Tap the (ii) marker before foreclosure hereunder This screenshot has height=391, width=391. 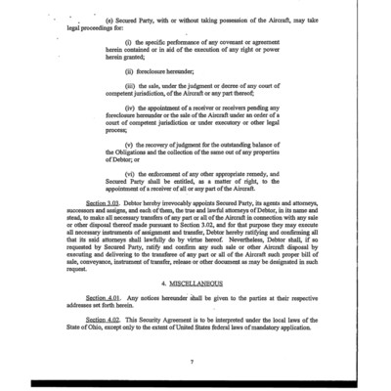pos(129,71)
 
